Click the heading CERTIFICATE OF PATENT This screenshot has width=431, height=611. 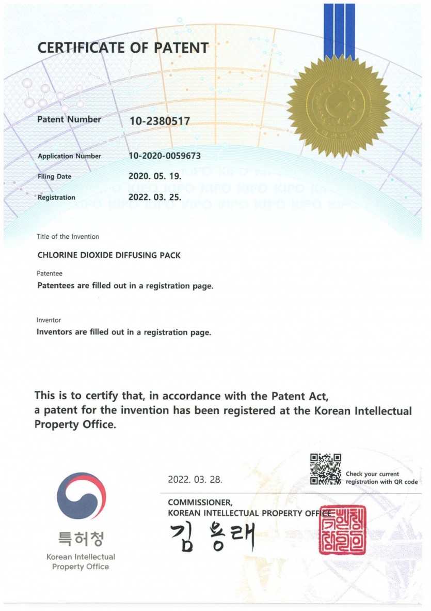pyautogui.click(x=123, y=48)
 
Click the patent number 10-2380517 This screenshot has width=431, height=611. pyautogui.click(x=159, y=121)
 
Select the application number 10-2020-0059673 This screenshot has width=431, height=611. pyautogui.click(x=164, y=156)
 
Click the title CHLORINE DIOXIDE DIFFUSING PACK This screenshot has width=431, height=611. pyautogui.click(x=109, y=255)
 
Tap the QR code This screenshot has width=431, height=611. pyautogui.click(x=326, y=469)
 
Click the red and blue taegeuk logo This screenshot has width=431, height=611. pyautogui.click(x=81, y=496)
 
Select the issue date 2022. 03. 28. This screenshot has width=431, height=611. pyautogui.click(x=195, y=479)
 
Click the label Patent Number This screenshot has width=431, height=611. pyautogui.click(x=69, y=119)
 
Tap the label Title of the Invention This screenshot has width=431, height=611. pyautogui.click(x=68, y=237)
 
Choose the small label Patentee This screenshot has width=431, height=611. pyautogui.click(x=50, y=273)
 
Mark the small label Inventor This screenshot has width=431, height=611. pyautogui.click(x=49, y=320)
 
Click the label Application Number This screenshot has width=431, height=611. pyautogui.click(x=69, y=156)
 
